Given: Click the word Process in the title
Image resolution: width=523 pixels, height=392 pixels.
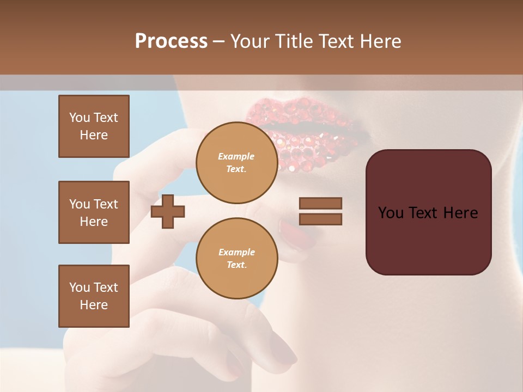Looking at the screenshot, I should (171, 41).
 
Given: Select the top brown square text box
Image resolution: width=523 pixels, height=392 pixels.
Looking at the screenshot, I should (94, 126).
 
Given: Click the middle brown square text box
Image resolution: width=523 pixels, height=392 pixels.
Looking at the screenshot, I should (94, 212).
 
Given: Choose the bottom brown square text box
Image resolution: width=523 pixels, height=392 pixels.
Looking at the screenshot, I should (94, 296).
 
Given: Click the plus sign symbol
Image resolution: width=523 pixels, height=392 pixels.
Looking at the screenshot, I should (168, 211).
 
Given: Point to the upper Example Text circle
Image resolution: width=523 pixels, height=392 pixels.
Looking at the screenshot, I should (236, 162).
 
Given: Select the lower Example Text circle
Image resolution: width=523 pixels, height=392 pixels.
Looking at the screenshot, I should (236, 258).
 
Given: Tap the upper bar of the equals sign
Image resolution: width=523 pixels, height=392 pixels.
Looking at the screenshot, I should (320, 204).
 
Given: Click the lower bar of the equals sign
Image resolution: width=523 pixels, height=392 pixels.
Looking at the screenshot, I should (320, 219).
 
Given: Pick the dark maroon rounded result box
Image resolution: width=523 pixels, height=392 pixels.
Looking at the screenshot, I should (428, 212).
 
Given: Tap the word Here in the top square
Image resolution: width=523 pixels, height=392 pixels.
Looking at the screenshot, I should (94, 135).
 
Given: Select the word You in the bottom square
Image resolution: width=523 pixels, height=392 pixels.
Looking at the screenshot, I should (80, 287).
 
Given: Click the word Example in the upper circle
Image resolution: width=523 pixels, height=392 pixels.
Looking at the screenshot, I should (236, 156).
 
